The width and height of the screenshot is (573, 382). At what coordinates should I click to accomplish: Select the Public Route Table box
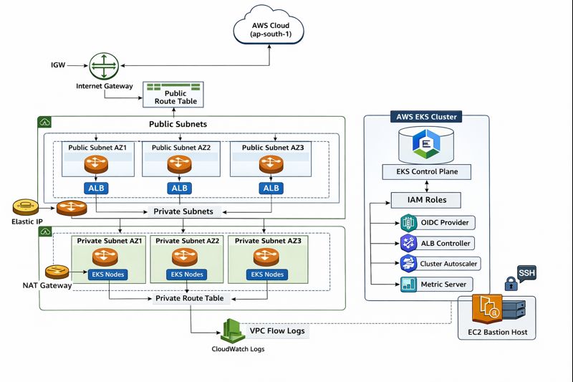click(x=174, y=95)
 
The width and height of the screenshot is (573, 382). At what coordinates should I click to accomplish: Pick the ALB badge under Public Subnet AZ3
click(x=271, y=188)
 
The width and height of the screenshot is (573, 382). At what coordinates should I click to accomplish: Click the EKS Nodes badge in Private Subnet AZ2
click(x=184, y=274)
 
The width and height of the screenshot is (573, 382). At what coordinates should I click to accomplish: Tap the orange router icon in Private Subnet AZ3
click(x=266, y=257)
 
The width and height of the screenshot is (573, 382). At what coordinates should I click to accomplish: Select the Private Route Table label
click(x=190, y=298)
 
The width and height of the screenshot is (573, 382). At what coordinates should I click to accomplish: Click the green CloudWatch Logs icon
click(x=232, y=330)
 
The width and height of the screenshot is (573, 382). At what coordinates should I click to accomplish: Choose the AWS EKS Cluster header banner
click(x=427, y=117)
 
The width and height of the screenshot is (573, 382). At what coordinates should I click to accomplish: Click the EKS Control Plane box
click(x=427, y=172)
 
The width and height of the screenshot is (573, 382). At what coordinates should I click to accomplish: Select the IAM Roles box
click(x=427, y=200)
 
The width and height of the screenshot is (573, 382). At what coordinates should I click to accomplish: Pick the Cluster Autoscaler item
click(x=439, y=264)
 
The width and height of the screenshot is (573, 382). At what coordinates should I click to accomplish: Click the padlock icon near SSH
click(x=511, y=285)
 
